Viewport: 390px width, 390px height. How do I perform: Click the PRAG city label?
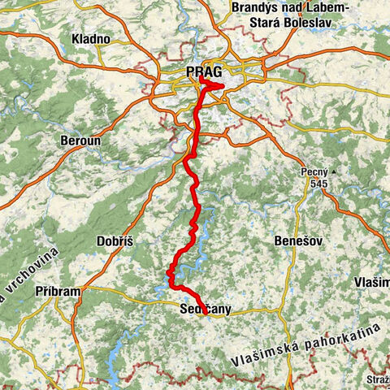coord(204,72)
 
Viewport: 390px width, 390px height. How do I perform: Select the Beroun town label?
coord(80,141)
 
